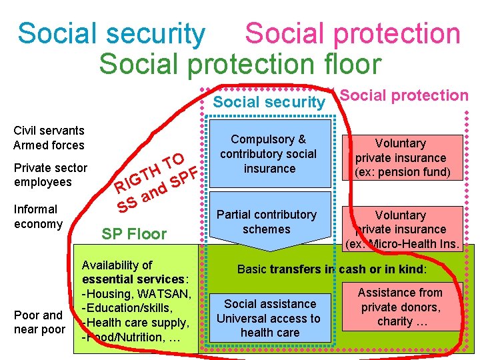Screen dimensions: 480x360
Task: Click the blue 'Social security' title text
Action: point(111,33)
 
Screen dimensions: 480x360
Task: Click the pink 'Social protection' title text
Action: point(353,33)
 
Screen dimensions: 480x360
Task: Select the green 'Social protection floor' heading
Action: point(240,64)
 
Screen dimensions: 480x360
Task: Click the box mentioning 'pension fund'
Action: point(401,158)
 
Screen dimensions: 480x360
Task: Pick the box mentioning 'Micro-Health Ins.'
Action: point(401,229)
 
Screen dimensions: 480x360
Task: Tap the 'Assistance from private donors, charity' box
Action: point(400,307)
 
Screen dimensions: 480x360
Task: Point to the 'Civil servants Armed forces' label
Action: point(49,138)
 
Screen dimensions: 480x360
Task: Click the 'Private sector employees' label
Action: point(50,175)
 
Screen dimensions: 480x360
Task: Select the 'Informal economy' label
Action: point(38,217)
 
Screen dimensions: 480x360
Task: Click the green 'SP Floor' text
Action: point(134,234)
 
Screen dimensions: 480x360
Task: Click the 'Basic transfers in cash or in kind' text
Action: point(332,270)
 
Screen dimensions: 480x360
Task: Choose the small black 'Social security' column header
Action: point(269,102)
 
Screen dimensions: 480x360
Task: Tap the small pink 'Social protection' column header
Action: point(404,95)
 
